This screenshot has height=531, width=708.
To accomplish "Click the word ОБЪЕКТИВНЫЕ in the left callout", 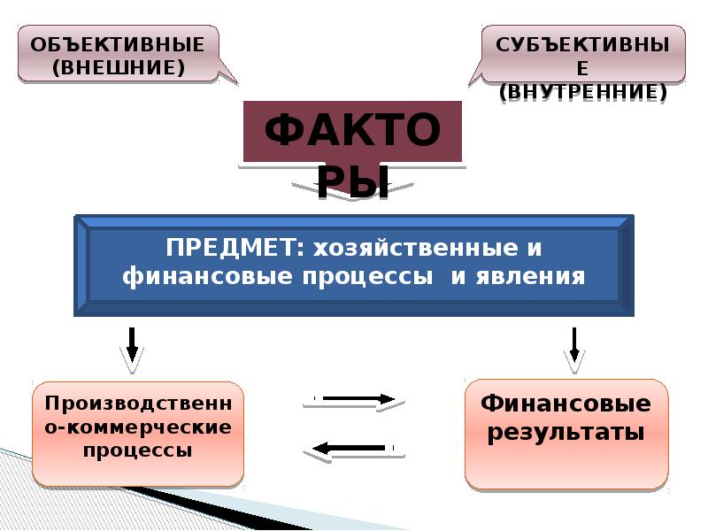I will (118, 44).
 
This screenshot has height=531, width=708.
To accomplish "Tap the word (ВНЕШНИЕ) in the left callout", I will (118, 67).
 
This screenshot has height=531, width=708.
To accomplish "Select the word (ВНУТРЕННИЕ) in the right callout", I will (582, 91).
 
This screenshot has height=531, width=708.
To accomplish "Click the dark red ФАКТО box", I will (353, 132).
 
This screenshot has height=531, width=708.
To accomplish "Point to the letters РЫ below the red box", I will (353, 183).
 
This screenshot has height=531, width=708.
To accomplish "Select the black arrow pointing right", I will (354, 399).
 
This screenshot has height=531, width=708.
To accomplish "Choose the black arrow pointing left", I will (354, 448).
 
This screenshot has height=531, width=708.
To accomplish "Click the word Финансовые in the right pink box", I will (566, 404).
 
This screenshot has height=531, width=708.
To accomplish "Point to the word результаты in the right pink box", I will (566, 434).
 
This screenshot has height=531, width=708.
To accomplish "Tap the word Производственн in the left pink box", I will (138, 404).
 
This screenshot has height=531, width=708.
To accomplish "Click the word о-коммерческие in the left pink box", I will (138, 427).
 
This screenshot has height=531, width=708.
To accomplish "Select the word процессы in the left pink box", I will (138, 450).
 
